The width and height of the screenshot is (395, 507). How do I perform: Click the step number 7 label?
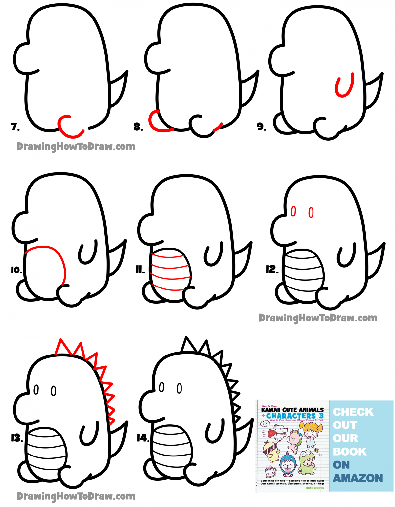tap(15, 127)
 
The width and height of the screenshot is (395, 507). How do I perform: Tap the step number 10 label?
tap(16, 270)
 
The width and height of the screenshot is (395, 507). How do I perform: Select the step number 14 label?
tap(143, 438)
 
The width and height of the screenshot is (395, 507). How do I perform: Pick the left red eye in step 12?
tap(293, 211)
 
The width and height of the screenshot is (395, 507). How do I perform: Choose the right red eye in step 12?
tap(311, 212)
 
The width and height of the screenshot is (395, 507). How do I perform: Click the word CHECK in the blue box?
tap(353, 412)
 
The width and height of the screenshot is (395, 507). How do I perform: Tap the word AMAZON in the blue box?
tap(358, 478)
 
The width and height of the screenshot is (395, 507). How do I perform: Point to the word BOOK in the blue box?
tap(349, 452)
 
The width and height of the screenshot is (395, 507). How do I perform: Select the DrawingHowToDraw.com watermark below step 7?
tap(76, 146)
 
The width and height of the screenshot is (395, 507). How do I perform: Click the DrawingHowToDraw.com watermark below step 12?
tap(318, 318)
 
